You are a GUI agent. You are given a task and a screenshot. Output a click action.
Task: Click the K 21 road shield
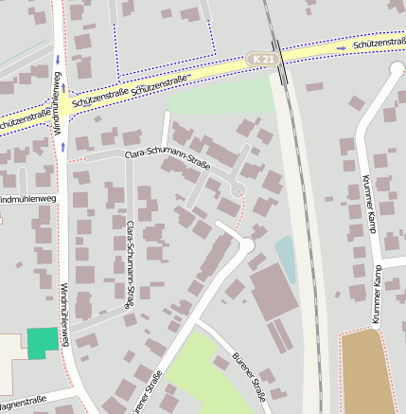point(264,59)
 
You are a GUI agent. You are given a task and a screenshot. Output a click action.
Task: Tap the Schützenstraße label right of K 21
point(378,44)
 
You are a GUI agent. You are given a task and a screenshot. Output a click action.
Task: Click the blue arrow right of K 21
point(341,47)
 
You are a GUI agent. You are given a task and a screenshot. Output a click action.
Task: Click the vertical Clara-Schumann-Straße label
point(129,264)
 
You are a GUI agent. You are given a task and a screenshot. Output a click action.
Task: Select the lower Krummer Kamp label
point(376,295)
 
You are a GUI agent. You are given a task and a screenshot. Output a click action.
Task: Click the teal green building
point(42,343)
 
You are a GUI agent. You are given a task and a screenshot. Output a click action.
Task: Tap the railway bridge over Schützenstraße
point(276,54)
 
